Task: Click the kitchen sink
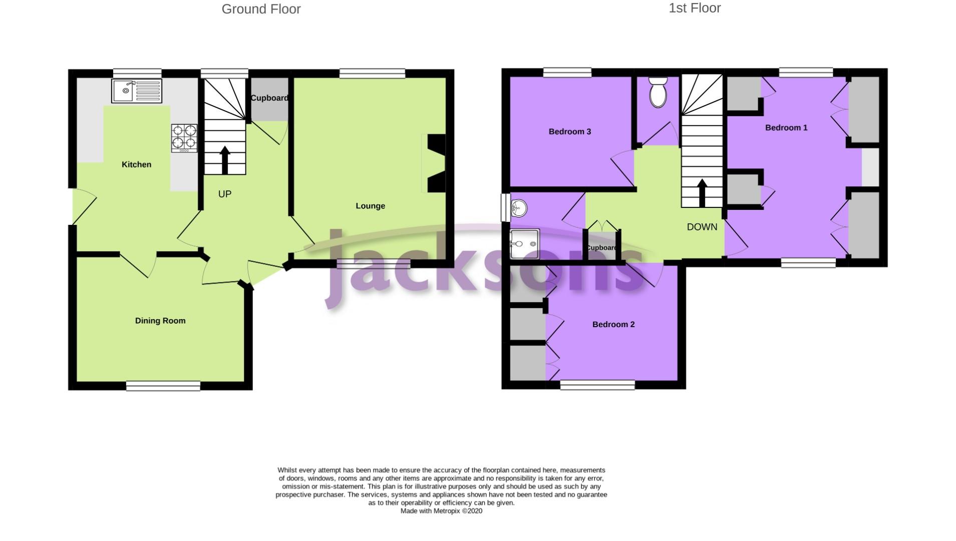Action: tap(136, 91)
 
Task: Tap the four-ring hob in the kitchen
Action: tap(184, 138)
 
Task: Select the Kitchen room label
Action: tap(136, 164)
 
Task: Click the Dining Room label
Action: tap(160, 321)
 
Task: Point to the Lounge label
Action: tap(370, 206)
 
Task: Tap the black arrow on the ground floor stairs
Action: tap(225, 160)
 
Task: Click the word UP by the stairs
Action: tap(225, 194)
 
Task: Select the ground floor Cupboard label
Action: tap(269, 98)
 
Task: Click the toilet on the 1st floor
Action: tap(658, 92)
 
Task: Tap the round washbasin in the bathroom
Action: tap(519, 208)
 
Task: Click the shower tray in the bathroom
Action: tap(524, 244)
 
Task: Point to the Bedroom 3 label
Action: tap(569, 132)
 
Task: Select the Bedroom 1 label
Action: tap(786, 128)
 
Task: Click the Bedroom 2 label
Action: tap(613, 325)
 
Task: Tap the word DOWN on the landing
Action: tap(702, 227)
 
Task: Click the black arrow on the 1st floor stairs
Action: tap(702, 193)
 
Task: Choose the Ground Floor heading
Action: tap(261, 9)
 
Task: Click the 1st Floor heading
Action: tap(694, 8)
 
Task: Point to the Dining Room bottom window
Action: tap(163, 386)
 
